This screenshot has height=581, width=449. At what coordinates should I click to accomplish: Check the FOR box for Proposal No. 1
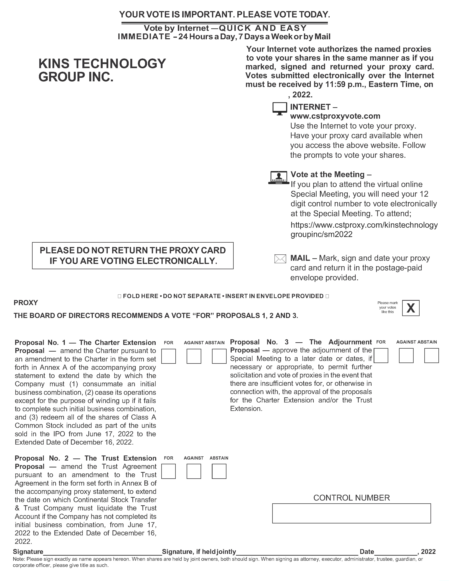click(x=168, y=356)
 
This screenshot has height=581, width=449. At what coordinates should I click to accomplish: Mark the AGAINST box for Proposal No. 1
click(x=194, y=356)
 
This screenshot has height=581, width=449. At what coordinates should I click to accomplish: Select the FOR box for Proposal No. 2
click(x=168, y=471)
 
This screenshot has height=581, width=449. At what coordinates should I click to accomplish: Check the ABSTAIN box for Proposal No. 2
click(x=219, y=471)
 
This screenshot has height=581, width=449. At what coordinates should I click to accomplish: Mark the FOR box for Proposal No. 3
click(x=381, y=356)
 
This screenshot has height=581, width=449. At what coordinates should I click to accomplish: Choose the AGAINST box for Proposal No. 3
click(x=406, y=356)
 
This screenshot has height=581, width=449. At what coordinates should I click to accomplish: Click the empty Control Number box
click(x=351, y=513)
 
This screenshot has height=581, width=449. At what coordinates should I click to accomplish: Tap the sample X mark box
click(x=411, y=308)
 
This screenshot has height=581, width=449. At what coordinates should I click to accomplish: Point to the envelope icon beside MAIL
click(x=280, y=259)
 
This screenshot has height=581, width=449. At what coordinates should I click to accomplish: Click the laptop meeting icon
click(x=279, y=177)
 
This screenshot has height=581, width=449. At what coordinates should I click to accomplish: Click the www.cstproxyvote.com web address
click(x=335, y=116)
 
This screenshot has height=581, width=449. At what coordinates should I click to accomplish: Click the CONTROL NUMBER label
click(x=351, y=498)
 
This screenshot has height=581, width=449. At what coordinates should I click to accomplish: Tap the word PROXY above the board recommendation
click(x=26, y=303)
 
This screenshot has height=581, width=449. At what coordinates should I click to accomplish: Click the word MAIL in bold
click(x=300, y=258)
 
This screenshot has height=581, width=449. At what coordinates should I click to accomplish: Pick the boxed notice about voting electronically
click(x=133, y=255)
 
